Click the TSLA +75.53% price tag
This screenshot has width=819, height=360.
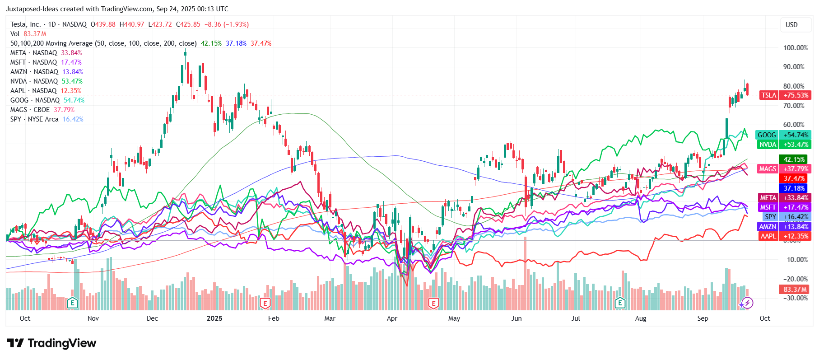tap(785, 95)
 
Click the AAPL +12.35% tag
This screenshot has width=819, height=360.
tap(784, 236)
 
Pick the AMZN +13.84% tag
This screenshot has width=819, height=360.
tap(784, 227)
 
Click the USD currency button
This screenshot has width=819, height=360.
tap(791, 25)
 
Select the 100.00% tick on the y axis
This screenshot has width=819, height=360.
tap(795, 48)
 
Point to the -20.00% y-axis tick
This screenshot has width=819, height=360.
tap(795, 279)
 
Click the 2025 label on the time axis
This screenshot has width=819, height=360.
tap(214, 318)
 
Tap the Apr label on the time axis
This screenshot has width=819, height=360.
tap(392, 318)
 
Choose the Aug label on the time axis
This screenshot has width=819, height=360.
tap(640, 318)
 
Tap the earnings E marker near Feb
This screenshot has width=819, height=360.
tap(265, 303)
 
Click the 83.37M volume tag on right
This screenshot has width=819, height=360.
tap(795, 290)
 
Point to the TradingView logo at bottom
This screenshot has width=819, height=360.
tap(51, 343)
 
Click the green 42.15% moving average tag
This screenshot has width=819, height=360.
tap(794, 159)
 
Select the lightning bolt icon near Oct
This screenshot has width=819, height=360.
tap(747, 303)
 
